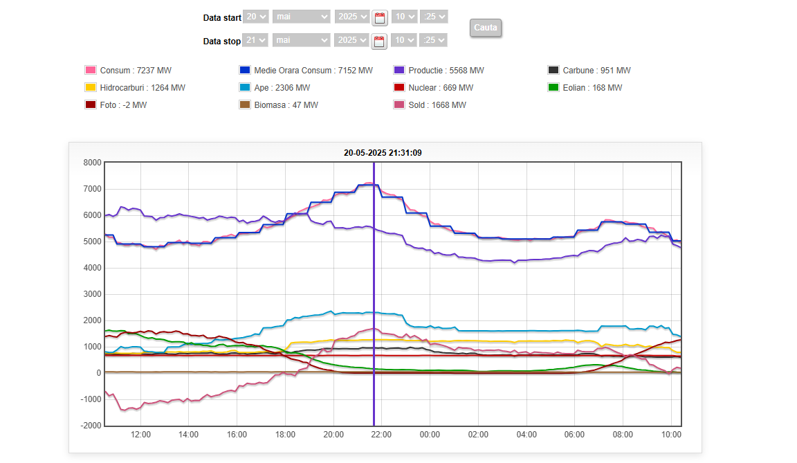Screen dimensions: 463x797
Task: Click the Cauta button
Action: click(485, 28)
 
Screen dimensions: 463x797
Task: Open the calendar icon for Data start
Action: click(380, 17)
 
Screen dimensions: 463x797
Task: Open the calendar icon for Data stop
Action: click(379, 42)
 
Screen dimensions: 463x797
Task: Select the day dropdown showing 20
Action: click(255, 17)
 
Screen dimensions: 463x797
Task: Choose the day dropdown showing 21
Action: click(255, 40)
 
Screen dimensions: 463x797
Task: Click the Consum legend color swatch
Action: click(90, 70)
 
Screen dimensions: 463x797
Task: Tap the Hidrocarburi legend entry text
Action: click(143, 88)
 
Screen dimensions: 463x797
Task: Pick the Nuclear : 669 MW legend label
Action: click(441, 88)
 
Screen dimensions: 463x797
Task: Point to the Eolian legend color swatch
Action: click(553, 88)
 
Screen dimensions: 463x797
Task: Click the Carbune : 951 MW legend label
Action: click(596, 71)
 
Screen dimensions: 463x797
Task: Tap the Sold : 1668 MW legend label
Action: click(437, 105)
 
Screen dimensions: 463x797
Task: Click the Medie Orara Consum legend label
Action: click(313, 71)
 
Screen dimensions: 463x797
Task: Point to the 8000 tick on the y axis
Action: click(92, 163)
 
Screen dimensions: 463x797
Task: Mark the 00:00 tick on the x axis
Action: click(430, 435)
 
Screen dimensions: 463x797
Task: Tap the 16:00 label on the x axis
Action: click(237, 435)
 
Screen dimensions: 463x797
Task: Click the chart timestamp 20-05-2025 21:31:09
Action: click(383, 153)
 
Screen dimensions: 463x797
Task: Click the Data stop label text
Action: click(221, 42)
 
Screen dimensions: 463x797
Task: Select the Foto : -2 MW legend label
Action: click(123, 105)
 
